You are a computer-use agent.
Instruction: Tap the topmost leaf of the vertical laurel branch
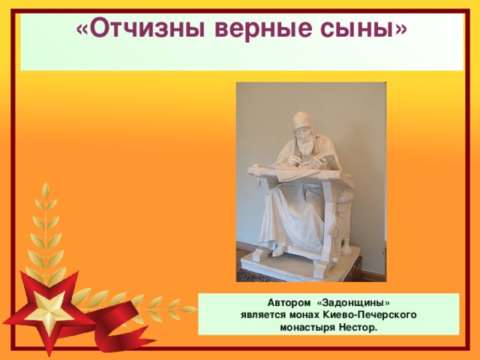point(46,192)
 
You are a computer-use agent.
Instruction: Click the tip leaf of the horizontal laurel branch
point(188,307)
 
